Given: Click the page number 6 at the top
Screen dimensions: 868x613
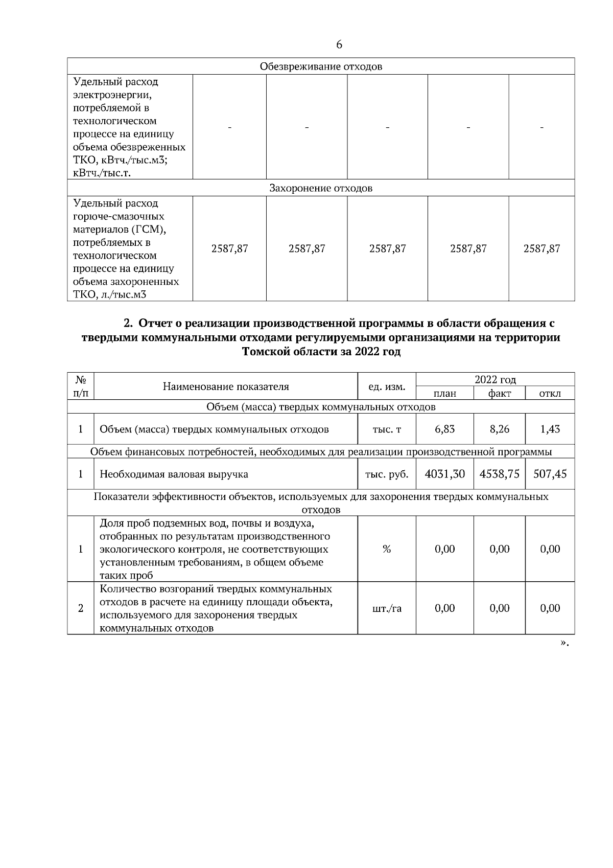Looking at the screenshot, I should point(339,45).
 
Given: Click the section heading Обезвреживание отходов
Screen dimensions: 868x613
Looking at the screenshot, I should point(321,66).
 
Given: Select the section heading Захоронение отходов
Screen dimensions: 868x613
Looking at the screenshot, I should point(321,188).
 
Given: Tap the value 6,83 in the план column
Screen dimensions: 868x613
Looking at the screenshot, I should point(444,429).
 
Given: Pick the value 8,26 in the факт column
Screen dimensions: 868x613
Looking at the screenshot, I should point(499,429).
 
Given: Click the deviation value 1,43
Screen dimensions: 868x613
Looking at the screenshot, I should point(550,429).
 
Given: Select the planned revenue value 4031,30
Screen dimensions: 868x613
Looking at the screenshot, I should point(444,474).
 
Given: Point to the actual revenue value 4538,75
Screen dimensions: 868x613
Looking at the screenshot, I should point(499,474).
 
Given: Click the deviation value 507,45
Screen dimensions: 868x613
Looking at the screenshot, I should point(550,474).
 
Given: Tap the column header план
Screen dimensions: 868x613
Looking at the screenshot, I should point(444,393).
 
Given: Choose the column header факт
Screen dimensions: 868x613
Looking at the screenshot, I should point(499,393).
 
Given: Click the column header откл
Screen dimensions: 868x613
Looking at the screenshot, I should point(550,393).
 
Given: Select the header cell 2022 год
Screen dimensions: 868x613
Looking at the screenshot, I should point(495,380).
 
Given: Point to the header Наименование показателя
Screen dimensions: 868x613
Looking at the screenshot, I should point(226,386).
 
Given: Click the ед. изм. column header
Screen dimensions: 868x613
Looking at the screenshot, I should point(387,387).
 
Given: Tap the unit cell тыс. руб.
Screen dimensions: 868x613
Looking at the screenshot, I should point(387,474).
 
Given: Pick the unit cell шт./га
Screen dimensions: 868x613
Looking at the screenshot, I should point(387,608).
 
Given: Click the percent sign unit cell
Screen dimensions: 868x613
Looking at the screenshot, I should point(387,549).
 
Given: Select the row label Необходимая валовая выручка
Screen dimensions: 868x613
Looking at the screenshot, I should point(174,474).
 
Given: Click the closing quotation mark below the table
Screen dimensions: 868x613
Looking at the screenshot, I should point(564,643).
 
